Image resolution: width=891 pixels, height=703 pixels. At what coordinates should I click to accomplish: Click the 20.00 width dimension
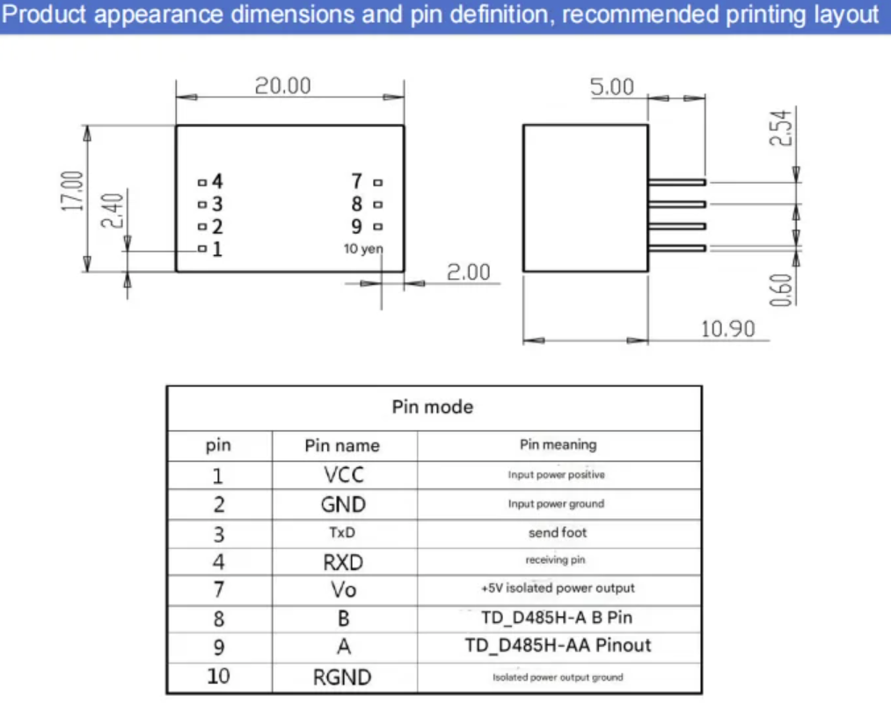(282, 85)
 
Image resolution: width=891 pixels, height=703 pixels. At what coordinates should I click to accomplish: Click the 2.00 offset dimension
(469, 272)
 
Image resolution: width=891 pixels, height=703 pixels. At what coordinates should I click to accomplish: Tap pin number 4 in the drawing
(216, 181)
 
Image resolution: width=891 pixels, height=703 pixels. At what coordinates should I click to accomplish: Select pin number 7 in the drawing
(356, 181)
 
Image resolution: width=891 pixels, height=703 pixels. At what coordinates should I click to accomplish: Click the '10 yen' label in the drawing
(363, 249)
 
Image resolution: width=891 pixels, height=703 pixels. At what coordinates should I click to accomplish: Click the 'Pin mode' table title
(432, 406)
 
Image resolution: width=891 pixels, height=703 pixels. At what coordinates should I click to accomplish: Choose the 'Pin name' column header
(342, 445)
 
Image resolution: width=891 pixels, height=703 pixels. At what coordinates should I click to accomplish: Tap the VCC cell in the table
(343, 475)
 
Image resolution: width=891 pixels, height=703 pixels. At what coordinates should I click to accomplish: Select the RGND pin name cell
(342, 677)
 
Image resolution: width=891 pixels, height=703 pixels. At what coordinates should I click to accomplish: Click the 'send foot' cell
(557, 532)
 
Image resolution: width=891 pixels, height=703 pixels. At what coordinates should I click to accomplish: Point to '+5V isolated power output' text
(557, 588)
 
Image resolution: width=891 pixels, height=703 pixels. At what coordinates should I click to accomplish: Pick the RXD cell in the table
(342, 561)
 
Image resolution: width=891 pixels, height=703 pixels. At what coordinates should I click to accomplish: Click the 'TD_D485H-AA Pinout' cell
(558, 645)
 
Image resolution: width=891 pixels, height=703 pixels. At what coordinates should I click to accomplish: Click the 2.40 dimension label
(112, 210)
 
